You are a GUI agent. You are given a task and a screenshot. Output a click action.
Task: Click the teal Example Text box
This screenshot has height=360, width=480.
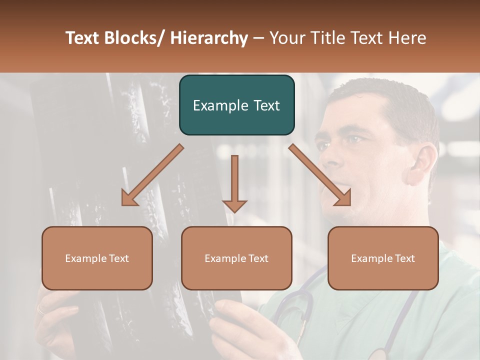[236, 105]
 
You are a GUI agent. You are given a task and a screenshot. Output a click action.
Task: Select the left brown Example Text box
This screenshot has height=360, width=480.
[97, 258]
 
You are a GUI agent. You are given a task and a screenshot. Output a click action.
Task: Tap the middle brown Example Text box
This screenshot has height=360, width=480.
[236, 258]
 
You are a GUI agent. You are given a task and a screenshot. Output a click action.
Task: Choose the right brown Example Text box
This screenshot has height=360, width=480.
[383, 258]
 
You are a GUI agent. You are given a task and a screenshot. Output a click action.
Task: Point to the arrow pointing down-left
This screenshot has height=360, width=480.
[152, 175]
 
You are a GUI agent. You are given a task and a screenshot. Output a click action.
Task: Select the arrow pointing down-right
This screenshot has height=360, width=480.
[320, 175]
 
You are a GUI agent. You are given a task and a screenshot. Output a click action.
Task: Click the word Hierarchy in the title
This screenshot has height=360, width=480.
[209, 38]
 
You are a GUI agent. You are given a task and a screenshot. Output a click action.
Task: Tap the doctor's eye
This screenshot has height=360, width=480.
[354, 139]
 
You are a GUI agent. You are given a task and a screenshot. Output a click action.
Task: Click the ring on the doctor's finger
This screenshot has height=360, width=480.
[40, 309]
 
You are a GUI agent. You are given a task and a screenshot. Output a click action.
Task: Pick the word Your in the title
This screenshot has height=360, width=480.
[286, 38]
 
